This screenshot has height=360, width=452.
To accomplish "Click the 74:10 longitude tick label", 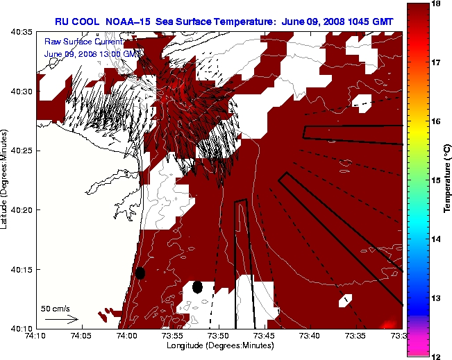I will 36,336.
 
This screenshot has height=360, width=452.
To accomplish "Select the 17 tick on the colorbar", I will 437,62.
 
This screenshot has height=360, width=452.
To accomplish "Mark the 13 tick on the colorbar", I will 437,298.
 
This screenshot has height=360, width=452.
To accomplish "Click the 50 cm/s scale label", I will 56,309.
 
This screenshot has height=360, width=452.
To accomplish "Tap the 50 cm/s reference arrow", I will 61,319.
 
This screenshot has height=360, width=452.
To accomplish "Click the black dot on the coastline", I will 140,273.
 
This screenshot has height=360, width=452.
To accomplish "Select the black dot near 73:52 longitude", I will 197,287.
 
